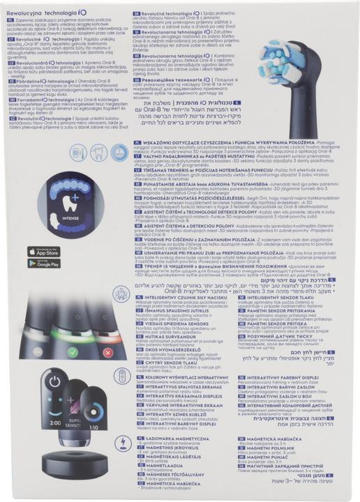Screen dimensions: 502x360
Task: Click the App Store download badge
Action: pyautogui.click(x=43, y=251)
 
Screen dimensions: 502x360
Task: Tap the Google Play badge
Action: pyautogui.click(x=43, y=264)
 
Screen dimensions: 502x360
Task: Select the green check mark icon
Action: pyautogui.click(x=73, y=353)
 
